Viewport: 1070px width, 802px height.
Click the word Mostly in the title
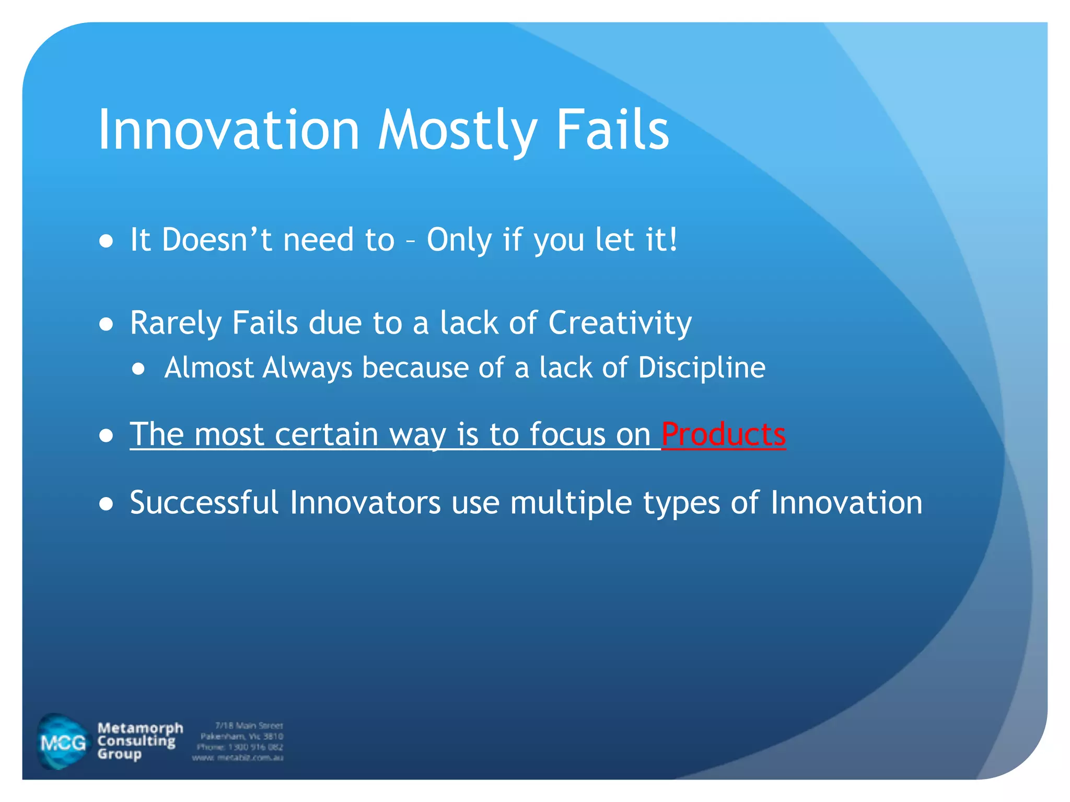pos(458,131)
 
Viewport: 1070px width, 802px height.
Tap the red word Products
pos(723,434)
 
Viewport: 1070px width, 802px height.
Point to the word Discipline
pos(701,368)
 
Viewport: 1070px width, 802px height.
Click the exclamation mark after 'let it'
pos(673,240)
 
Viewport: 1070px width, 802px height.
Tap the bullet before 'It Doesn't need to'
pos(107,241)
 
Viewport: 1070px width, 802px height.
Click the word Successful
pos(204,503)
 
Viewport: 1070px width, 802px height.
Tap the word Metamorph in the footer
pos(140,728)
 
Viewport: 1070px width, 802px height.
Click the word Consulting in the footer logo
pos(136,741)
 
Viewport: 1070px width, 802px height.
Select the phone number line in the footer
pos(240,747)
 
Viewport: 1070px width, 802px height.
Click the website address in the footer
pos(238,758)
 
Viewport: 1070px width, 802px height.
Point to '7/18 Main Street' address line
pos(249,725)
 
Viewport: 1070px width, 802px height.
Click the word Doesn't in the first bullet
pos(216,240)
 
